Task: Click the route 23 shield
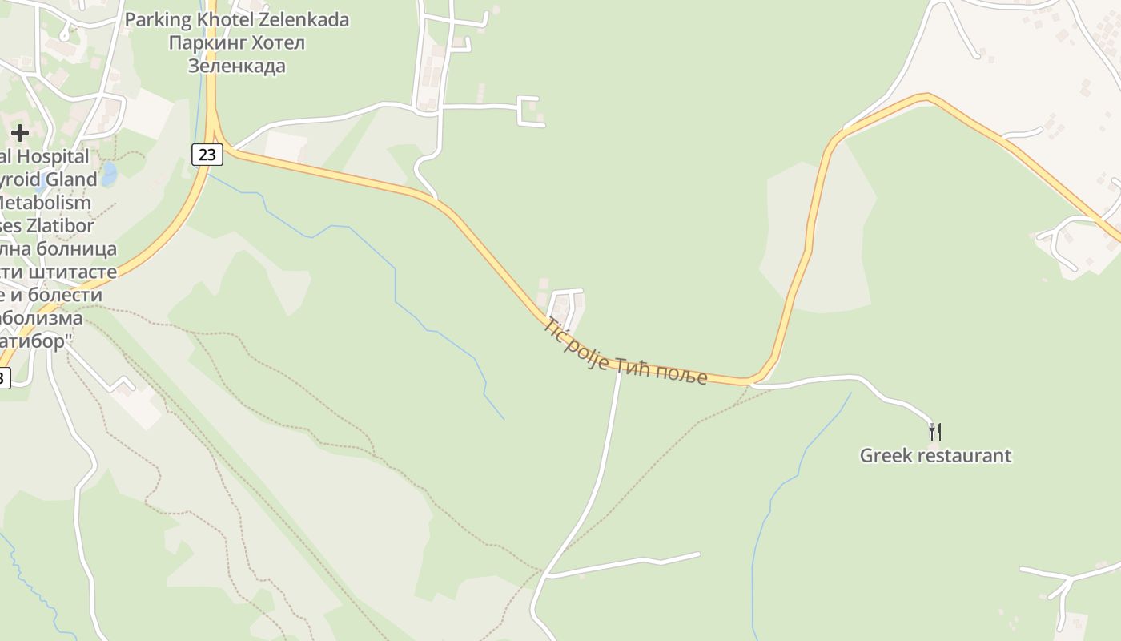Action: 207,155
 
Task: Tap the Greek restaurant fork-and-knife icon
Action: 934,431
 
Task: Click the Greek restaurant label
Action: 935,455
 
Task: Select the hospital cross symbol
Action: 20,132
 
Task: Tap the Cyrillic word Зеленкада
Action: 236,66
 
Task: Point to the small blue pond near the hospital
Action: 109,174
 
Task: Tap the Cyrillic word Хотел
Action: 277,42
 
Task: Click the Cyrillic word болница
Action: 76,248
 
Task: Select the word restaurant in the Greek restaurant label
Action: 964,455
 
